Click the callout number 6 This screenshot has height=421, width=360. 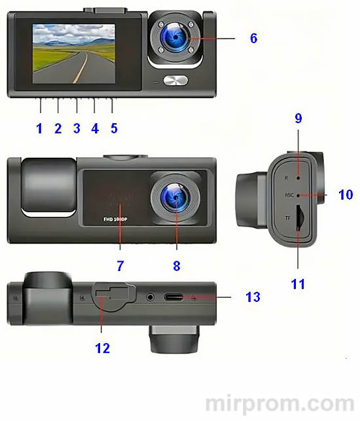(x=253, y=38)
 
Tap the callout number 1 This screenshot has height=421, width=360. (x=39, y=128)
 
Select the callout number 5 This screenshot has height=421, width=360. (x=114, y=128)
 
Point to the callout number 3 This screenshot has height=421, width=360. (x=77, y=128)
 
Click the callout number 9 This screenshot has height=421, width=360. (x=298, y=119)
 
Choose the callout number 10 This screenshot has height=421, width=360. (x=346, y=195)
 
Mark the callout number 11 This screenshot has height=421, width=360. (x=298, y=285)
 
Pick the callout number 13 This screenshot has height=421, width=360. (x=252, y=297)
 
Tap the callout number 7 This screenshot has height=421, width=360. (x=120, y=266)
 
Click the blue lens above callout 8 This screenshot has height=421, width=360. (x=175, y=197)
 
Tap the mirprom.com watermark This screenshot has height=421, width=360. (x=281, y=403)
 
